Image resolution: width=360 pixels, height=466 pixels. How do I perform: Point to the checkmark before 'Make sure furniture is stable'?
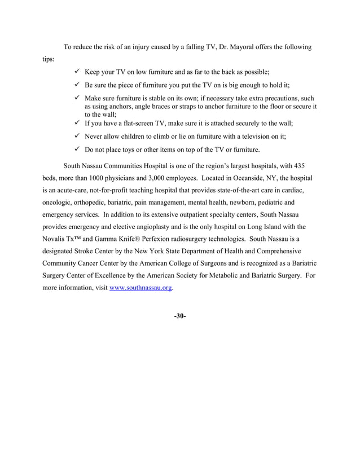coord(77,98)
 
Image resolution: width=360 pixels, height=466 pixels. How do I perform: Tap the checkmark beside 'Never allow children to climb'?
coord(77,137)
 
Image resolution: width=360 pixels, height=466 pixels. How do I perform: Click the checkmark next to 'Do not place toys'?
coord(77,150)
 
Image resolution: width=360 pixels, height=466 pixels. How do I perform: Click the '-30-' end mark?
coord(180,316)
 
